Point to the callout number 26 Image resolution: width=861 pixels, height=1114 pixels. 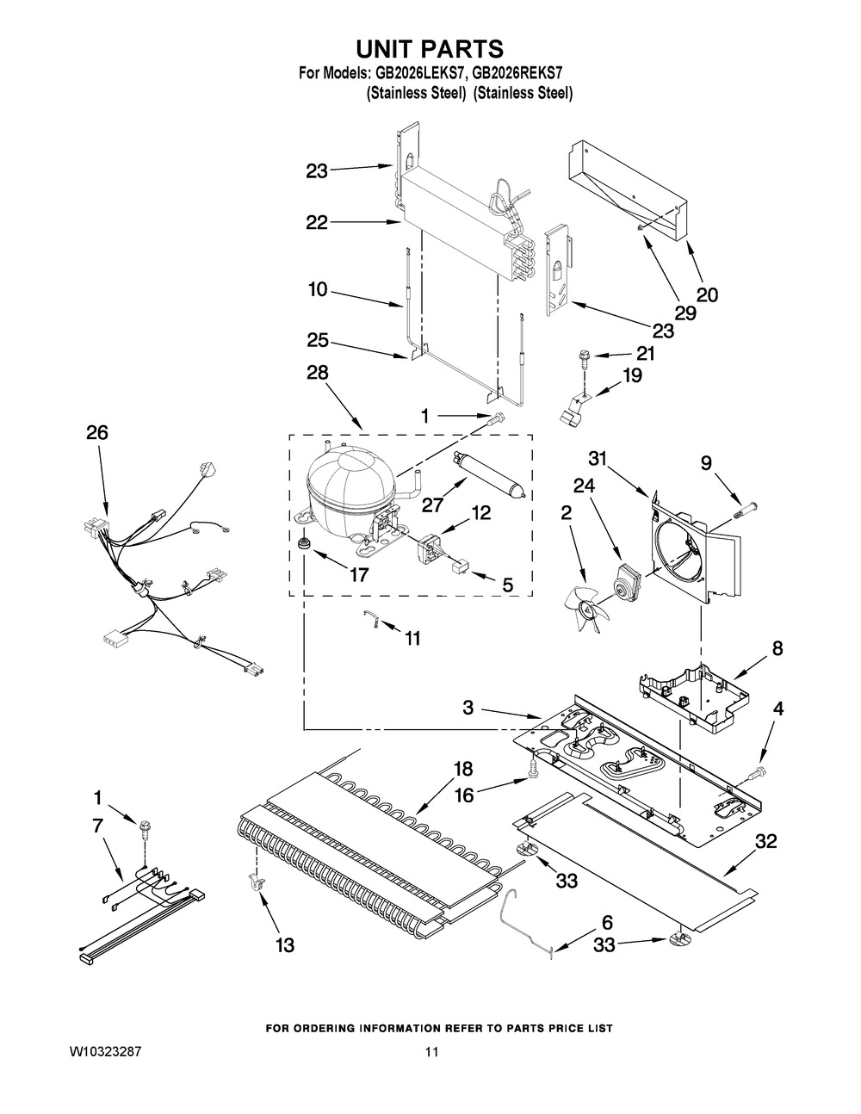96,433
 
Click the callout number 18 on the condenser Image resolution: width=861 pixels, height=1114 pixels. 463,769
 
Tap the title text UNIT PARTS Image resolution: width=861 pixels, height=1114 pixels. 430,48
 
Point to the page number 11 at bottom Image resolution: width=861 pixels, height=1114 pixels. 431,1052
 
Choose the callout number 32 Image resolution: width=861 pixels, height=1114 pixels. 765,842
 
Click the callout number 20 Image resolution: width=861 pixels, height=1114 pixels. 707,294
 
